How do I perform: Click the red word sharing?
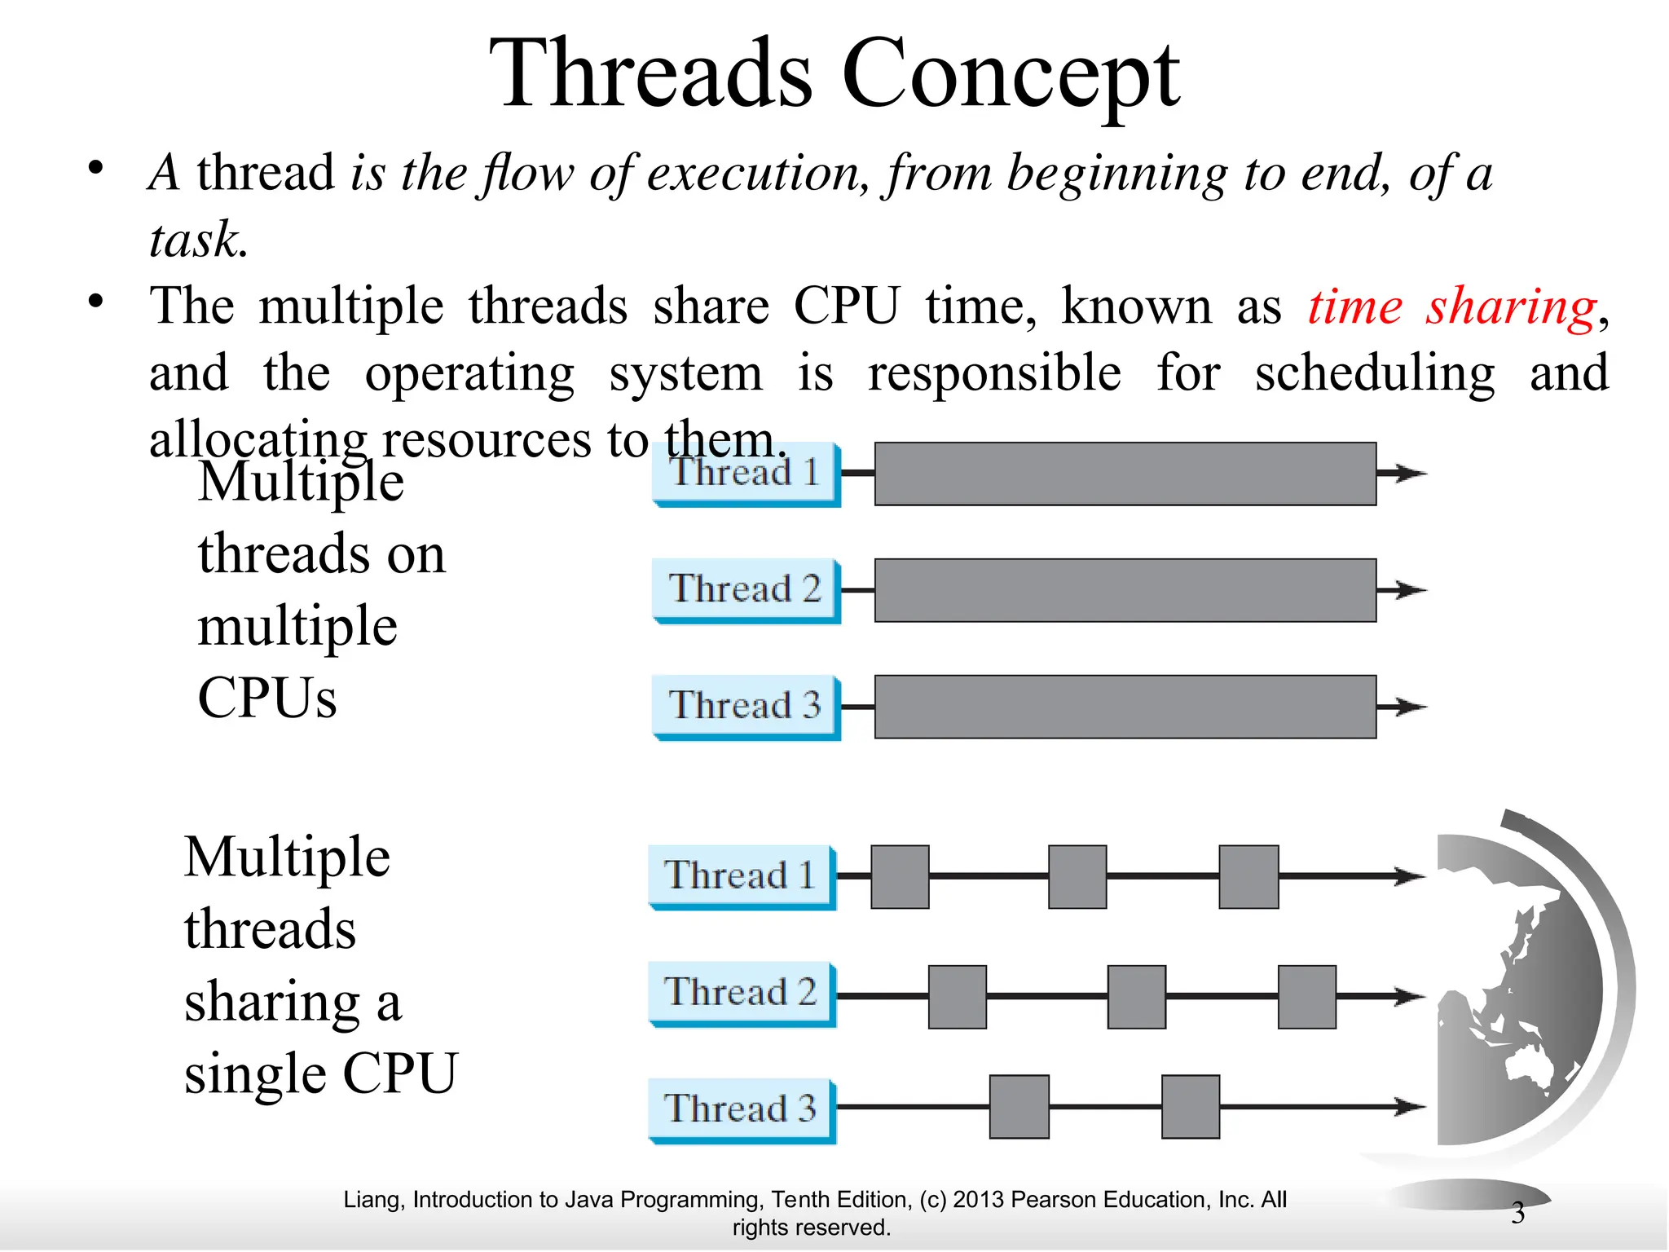coord(1511,307)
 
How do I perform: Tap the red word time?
coord(1354,307)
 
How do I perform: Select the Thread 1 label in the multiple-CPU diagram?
coord(745,473)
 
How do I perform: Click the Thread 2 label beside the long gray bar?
coord(745,589)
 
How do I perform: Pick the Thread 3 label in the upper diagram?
coord(745,706)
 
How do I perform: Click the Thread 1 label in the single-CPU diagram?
coord(741,875)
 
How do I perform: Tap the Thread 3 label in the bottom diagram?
coord(741,1109)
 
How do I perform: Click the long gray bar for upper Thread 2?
coord(1125,590)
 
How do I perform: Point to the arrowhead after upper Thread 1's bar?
coord(1408,473)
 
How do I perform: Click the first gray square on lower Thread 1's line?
coord(900,876)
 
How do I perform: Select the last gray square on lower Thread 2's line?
coord(1306,996)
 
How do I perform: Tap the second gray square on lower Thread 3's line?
coord(1190,1106)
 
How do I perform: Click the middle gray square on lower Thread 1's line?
coord(1077,876)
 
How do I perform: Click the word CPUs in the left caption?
coord(266,699)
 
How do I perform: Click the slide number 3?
coord(1517,1213)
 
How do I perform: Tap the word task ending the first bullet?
coord(196,240)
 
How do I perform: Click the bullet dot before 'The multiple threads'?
coord(96,302)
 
